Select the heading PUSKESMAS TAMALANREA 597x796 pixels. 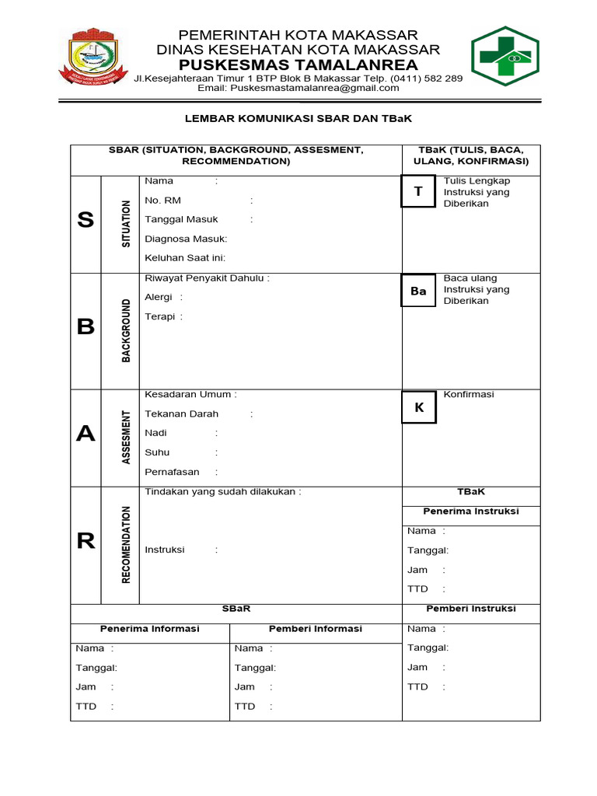click(298, 65)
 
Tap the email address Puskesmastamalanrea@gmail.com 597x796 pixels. click(298, 89)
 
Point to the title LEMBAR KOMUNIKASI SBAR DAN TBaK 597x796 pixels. click(298, 120)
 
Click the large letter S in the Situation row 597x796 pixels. click(86, 221)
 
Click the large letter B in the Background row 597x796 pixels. click(86, 327)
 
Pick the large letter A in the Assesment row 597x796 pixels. click(86, 435)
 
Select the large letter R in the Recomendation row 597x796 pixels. click(86, 542)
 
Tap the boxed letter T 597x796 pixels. click(418, 191)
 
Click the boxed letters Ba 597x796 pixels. click(418, 292)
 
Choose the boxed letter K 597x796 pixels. click(419, 407)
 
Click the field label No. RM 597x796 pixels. click(162, 201)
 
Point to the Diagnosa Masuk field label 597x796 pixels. click(186, 239)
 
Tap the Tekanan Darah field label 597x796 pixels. click(182, 414)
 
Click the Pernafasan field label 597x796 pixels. click(172, 473)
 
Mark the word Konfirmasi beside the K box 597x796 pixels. click(469, 395)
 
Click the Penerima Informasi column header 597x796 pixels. click(150, 629)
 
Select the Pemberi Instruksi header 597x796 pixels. click(471, 609)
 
